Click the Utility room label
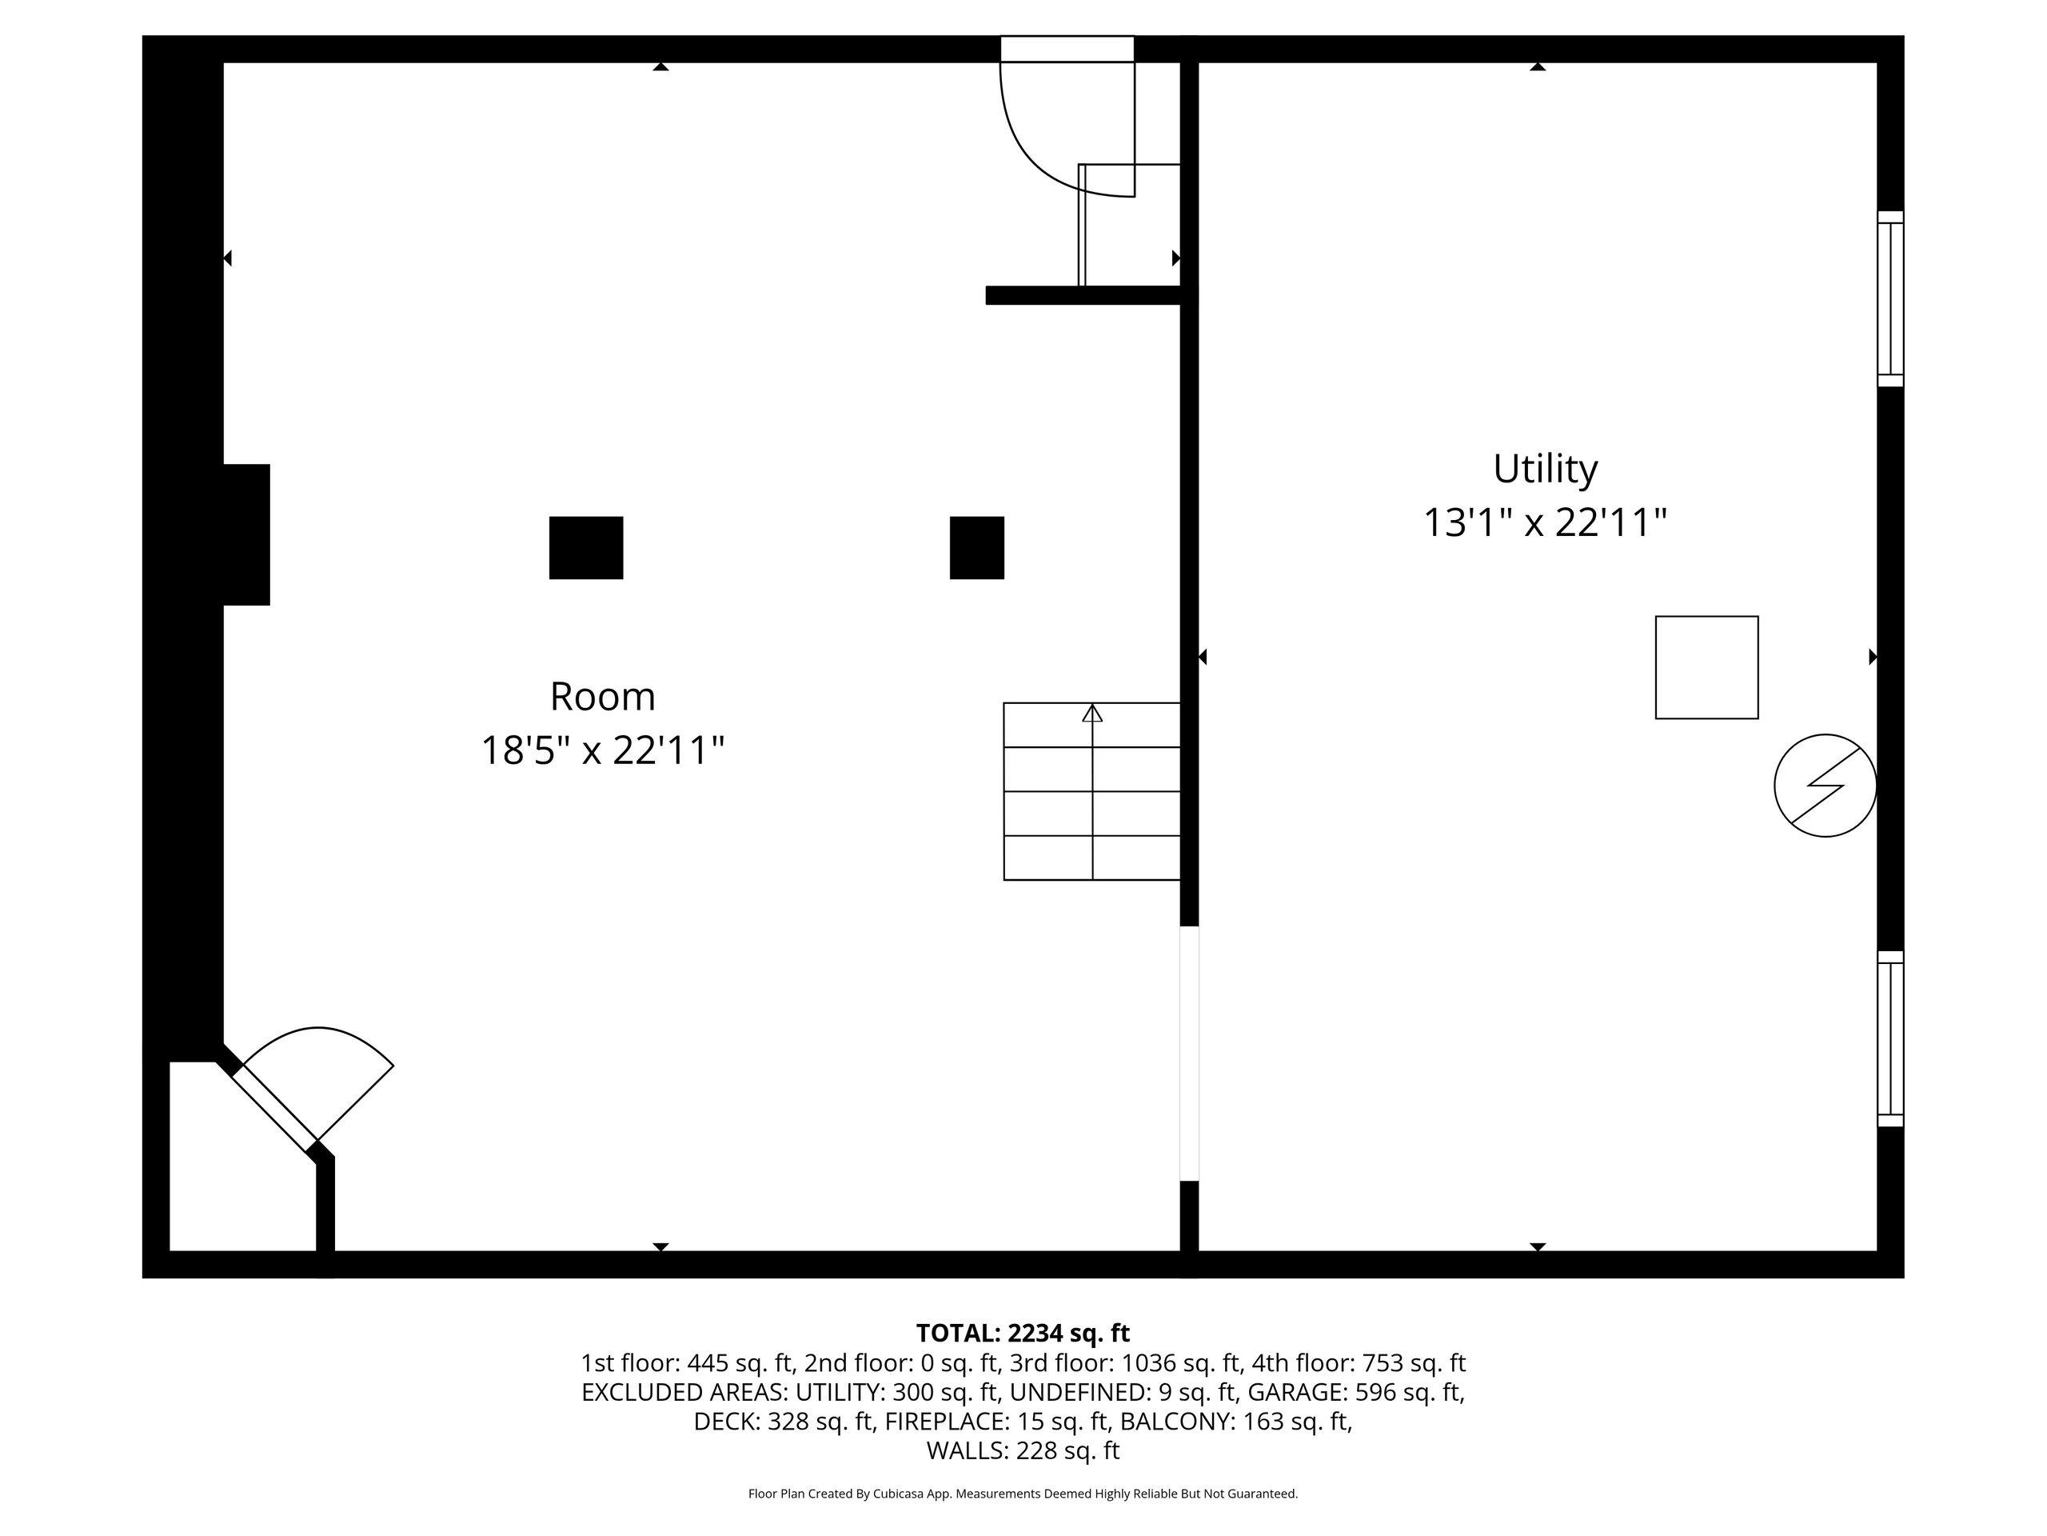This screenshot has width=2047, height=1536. (x=1545, y=470)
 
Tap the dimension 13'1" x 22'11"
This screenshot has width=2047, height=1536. (x=1545, y=523)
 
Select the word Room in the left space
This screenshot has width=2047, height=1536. (x=602, y=697)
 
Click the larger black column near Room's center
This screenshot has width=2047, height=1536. (x=586, y=548)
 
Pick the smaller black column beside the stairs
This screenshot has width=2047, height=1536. (x=976, y=548)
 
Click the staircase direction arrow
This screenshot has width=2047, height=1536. (x=1092, y=714)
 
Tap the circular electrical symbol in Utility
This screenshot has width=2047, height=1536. (x=1824, y=786)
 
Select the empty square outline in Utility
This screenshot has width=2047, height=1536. (x=1706, y=667)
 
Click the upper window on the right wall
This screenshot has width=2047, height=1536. (x=1889, y=299)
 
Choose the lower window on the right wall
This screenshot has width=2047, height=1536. (x=1889, y=1039)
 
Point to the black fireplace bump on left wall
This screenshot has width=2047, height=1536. (x=246, y=535)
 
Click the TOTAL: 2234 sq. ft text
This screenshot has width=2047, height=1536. (x=1023, y=1334)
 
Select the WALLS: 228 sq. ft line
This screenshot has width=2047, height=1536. (x=1023, y=1451)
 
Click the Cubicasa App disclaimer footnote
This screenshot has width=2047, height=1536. (x=1023, y=1494)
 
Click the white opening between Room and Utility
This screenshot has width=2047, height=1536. (x=1189, y=1054)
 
